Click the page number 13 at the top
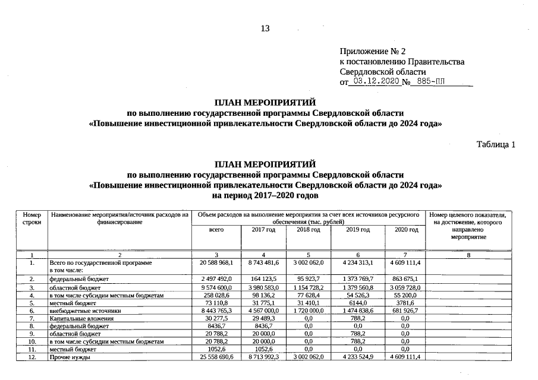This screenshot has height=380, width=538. (x=265, y=29)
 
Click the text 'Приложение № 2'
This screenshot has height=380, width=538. (x=372, y=52)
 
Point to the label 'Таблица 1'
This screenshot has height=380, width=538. (x=496, y=144)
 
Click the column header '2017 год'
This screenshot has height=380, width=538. (x=263, y=229)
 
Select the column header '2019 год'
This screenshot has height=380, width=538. (x=357, y=229)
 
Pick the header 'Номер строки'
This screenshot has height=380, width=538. (x=32, y=218)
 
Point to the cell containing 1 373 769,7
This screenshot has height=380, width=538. (x=357, y=278)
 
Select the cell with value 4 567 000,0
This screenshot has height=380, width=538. (x=263, y=311)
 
